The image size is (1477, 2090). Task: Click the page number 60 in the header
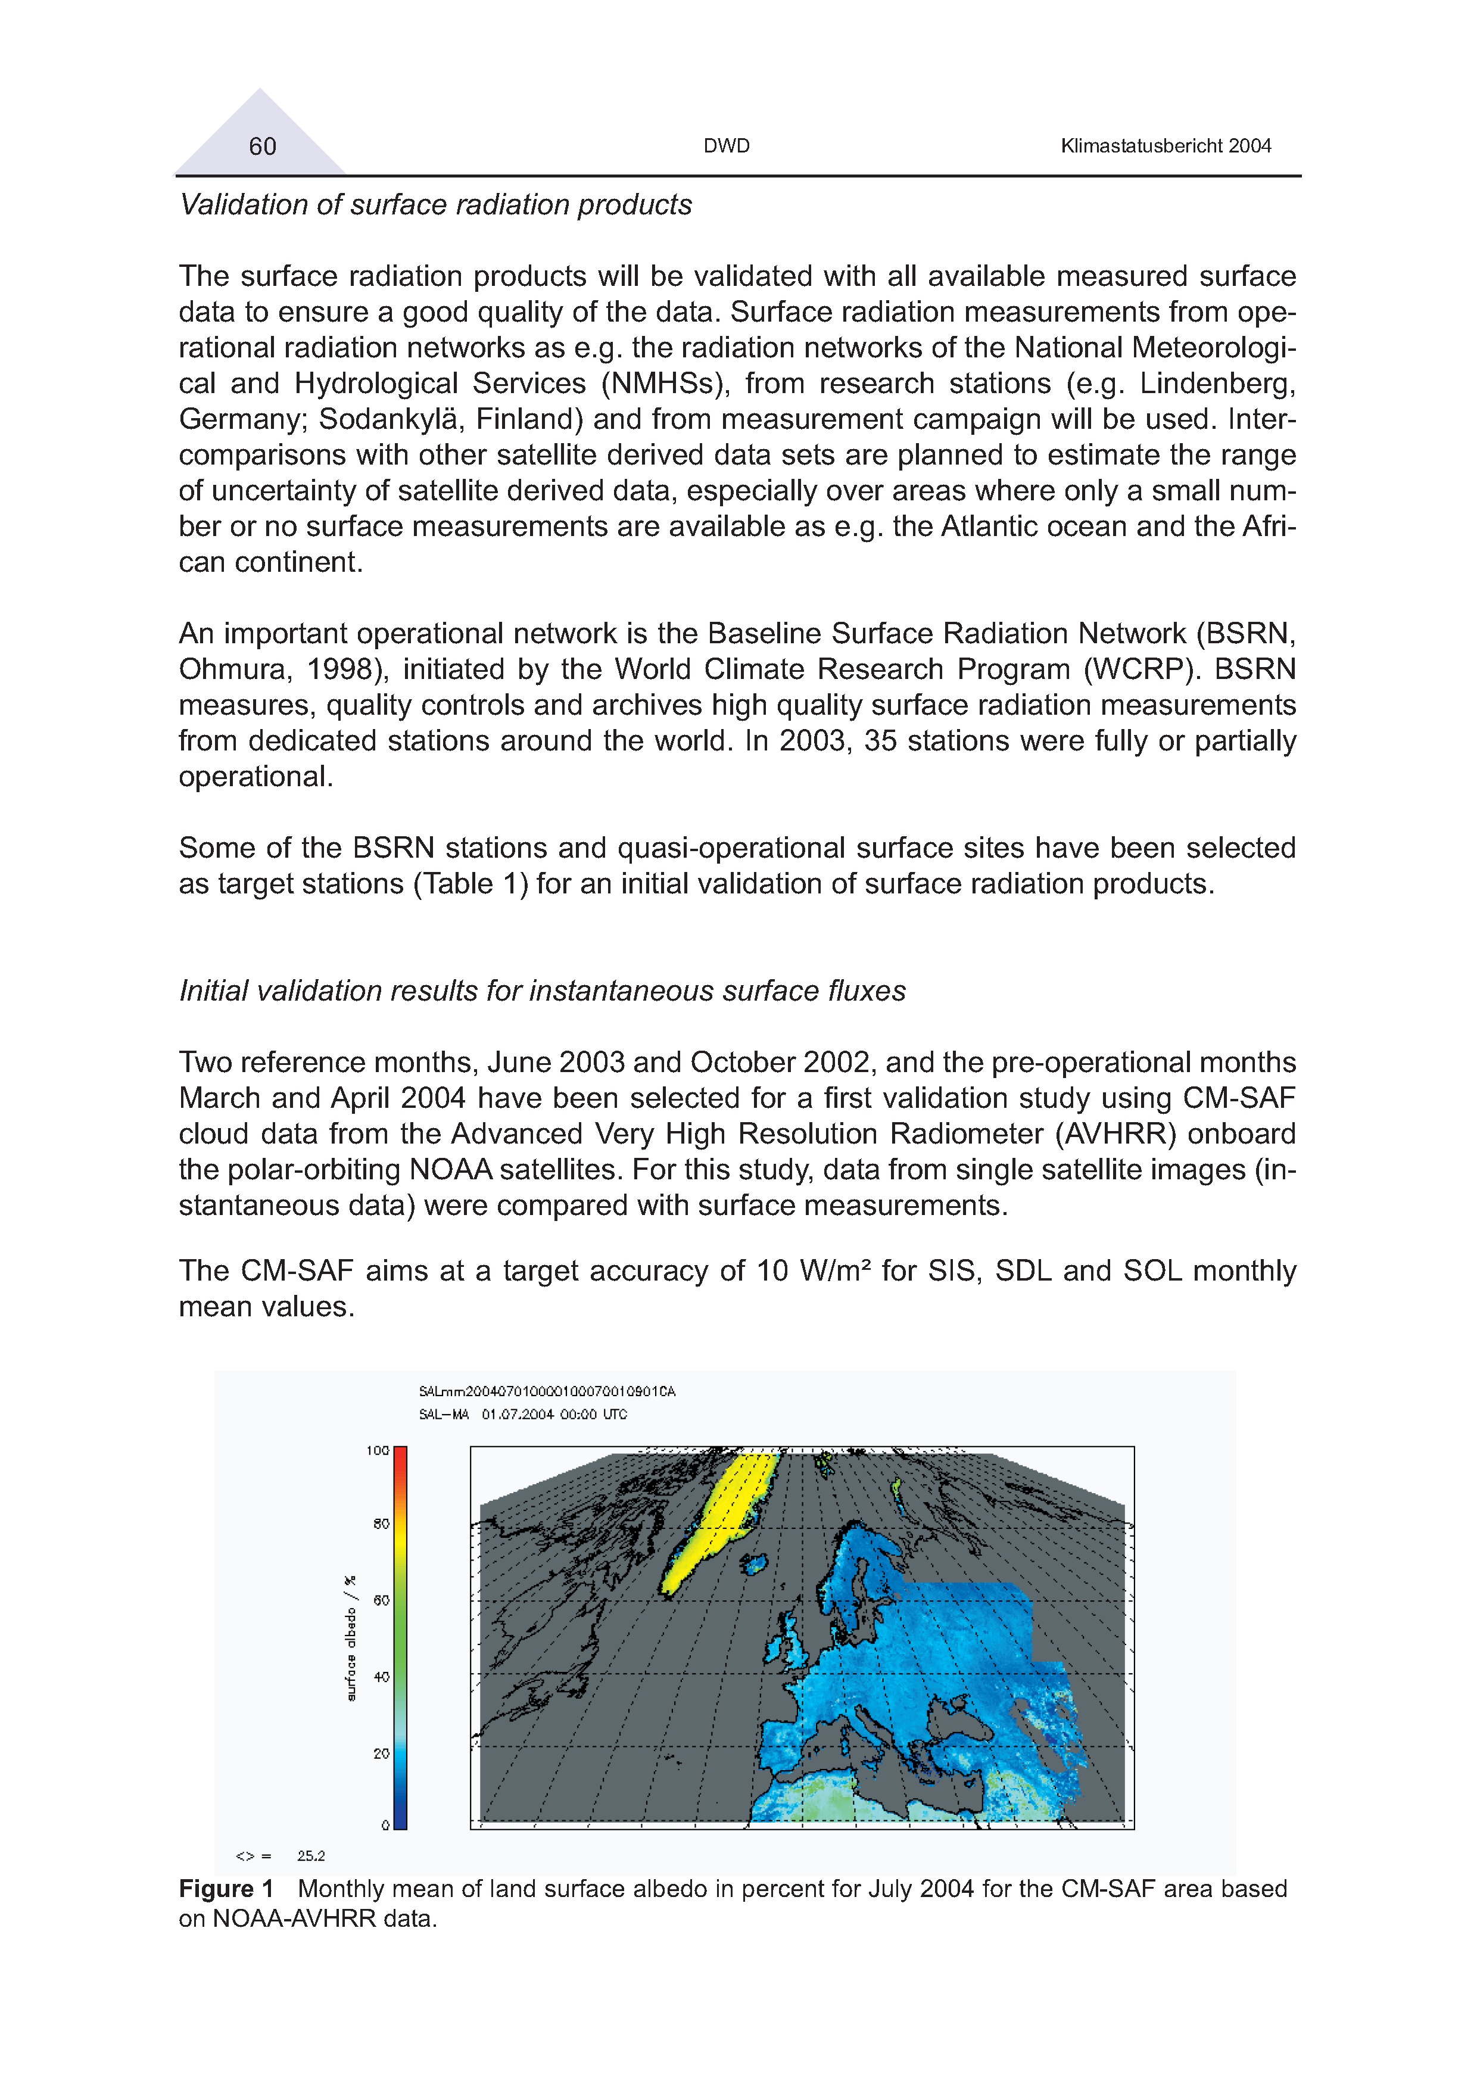[262, 147]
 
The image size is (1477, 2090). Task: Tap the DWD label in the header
[726, 146]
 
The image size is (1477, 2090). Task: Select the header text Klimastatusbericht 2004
[1165, 146]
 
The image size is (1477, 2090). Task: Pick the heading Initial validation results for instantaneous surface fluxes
[543, 991]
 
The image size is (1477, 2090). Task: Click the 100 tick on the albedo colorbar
[378, 1451]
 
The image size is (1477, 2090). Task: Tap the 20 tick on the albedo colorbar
[381, 1753]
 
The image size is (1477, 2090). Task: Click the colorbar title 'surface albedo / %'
[352, 1639]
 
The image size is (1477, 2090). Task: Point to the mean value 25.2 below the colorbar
[311, 1856]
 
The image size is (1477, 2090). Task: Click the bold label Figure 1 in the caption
[226, 1889]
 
